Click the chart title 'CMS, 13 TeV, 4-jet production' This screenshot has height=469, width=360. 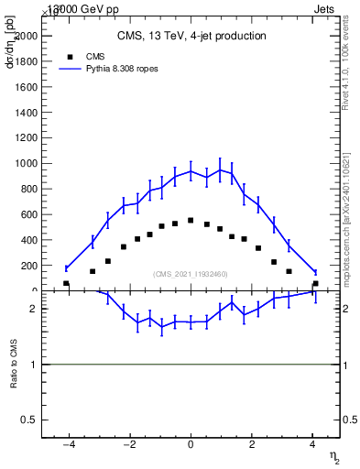coord(191,37)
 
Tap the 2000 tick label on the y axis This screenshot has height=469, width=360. coord(26,36)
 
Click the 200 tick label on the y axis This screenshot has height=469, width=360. coord(28,266)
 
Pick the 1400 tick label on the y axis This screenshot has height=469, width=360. coord(26,112)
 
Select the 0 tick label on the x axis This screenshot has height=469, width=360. coord(191,444)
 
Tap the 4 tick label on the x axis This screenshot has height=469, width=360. coord(312,444)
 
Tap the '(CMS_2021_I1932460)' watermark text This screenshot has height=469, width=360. coord(191,274)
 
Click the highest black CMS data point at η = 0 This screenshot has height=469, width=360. coord(191,220)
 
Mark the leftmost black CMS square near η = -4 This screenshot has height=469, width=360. coord(66,284)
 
